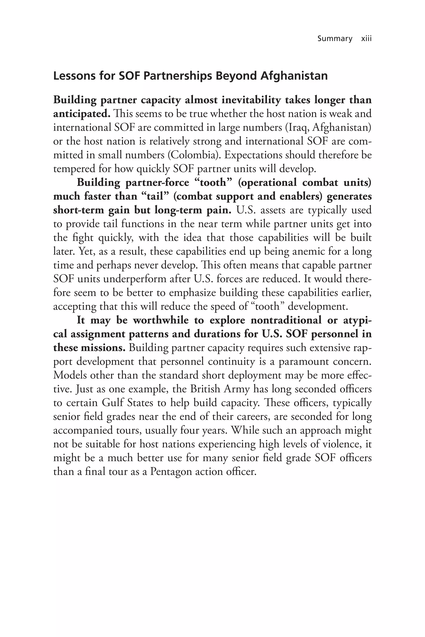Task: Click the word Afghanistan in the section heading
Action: point(294,76)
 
